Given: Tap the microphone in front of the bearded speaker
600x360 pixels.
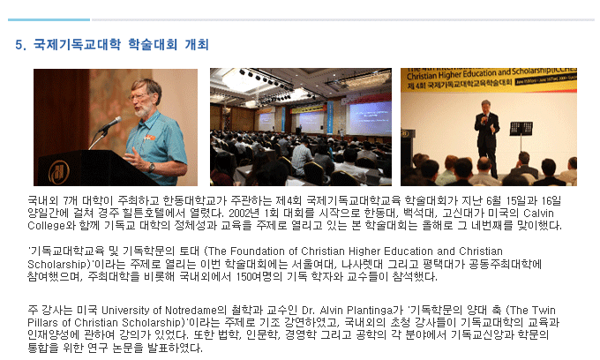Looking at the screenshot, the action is pyautogui.click(x=110, y=124).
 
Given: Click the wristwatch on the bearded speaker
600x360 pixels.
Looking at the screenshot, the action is pyautogui.click(x=152, y=167).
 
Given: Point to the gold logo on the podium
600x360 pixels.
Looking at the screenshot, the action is pyautogui.click(x=59, y=172).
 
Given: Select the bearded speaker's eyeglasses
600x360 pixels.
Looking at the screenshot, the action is pyautogui.click(x=139, y=97).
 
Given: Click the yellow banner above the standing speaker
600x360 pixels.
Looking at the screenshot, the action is pyautogui.click(x=489, y=79).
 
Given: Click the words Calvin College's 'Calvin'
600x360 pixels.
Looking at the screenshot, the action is pyautogui.click(x=538, y=214).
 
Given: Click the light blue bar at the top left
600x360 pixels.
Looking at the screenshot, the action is pyautogui.click(x=49, y=19).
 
